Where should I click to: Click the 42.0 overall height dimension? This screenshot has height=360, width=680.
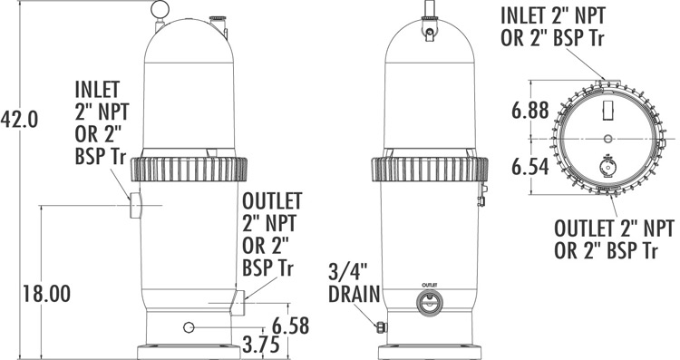point(19,120)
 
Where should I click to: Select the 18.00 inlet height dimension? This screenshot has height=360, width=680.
point(46,294)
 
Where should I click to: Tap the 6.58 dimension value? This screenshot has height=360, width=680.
point(290,326)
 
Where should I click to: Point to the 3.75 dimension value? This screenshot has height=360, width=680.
point(260,345)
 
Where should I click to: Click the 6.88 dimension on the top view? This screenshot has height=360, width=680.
point(530,110)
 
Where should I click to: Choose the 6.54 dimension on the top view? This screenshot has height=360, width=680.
point(530,167)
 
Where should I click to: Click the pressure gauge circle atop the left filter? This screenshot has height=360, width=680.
point(160,8)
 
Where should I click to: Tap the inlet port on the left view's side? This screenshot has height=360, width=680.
point(135,205)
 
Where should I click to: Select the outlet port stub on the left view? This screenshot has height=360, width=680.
point(238,302)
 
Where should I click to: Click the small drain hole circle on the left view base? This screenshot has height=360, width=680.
point(189,327)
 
